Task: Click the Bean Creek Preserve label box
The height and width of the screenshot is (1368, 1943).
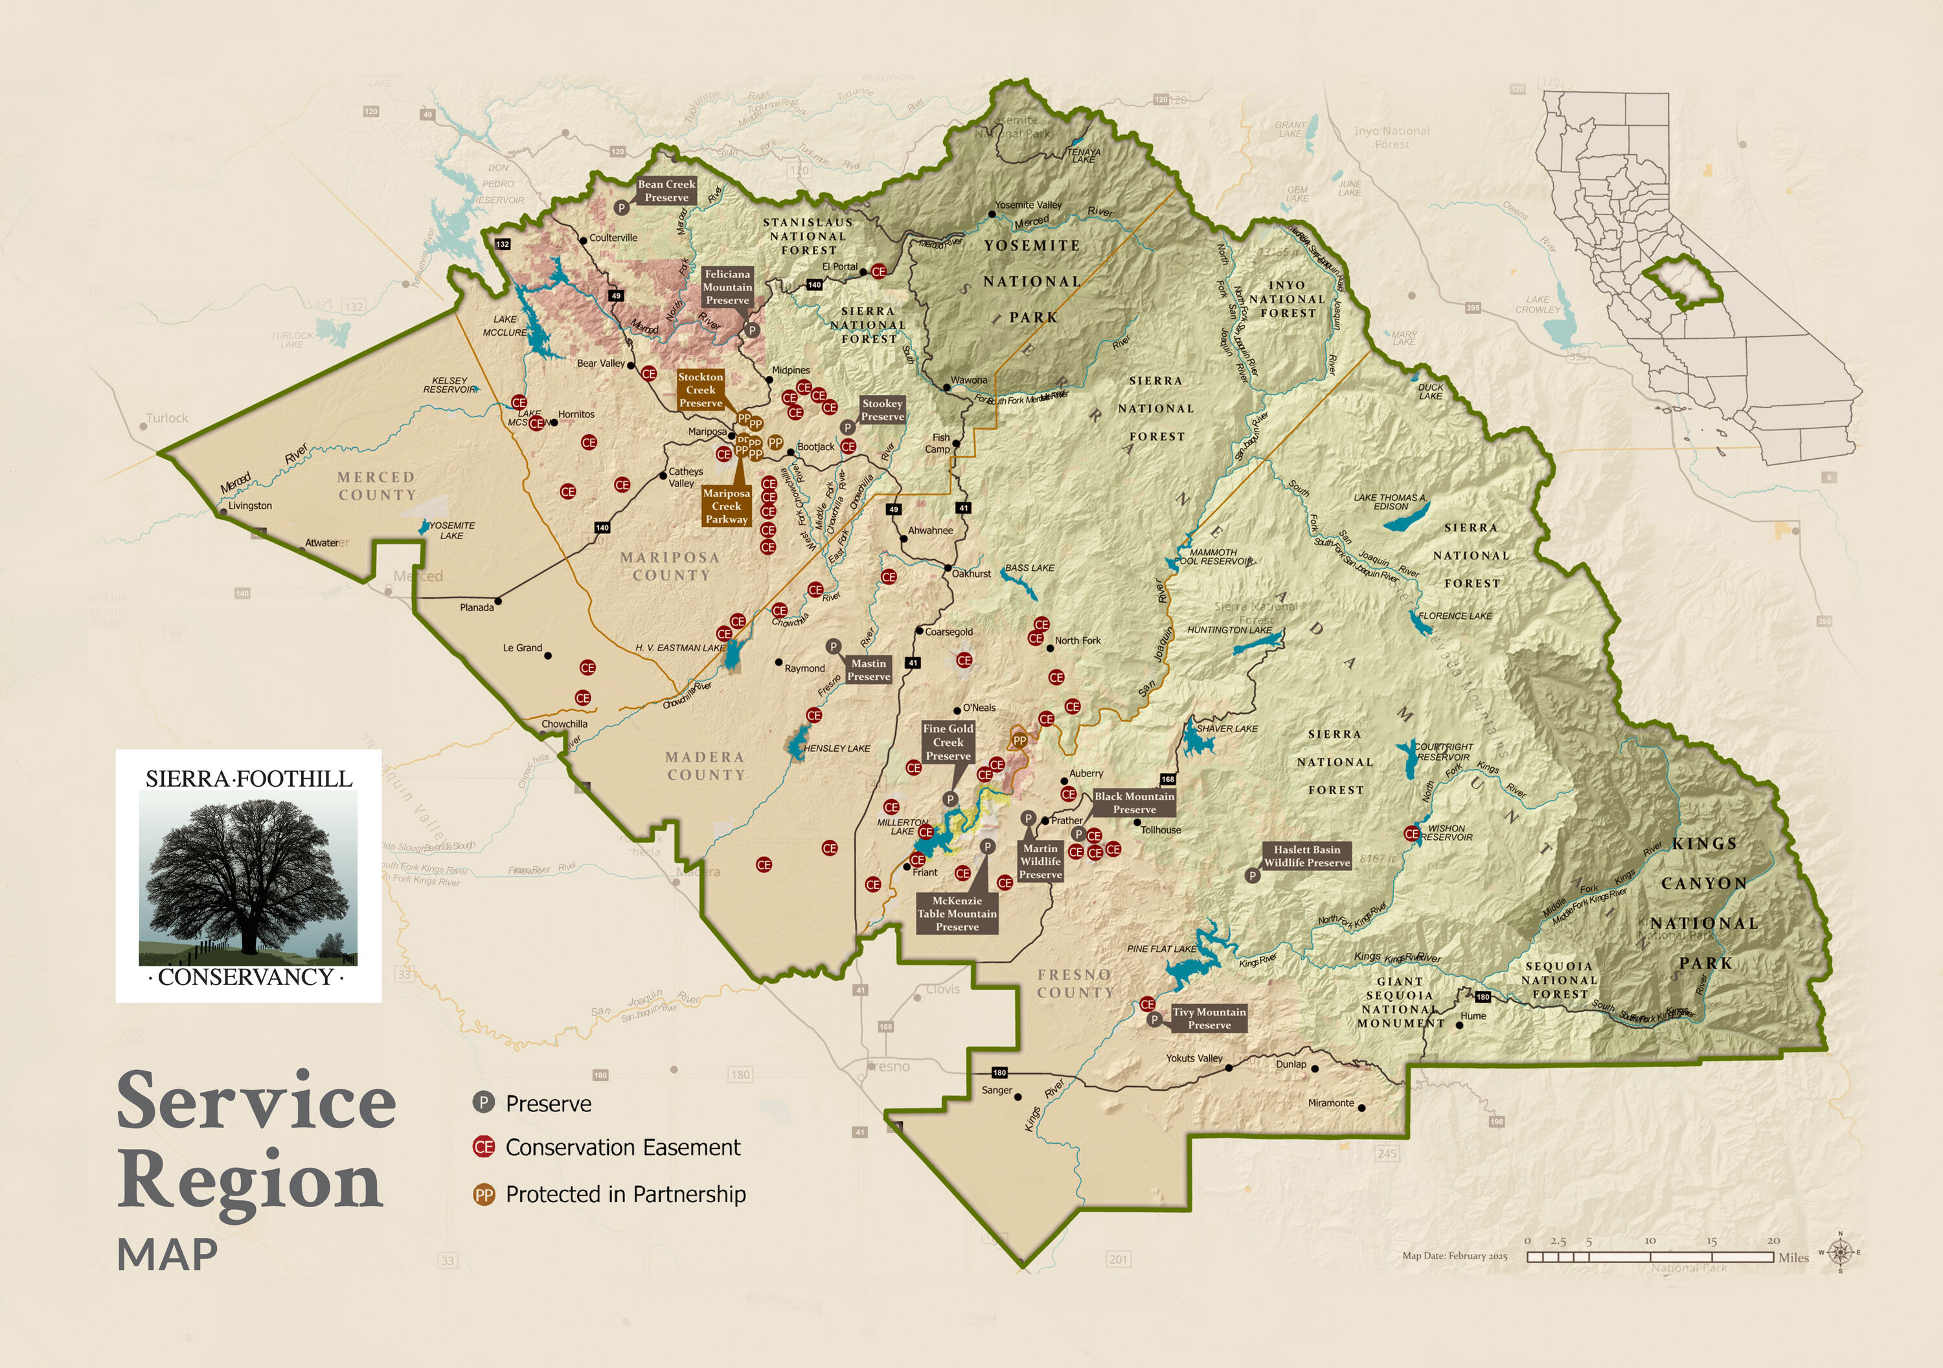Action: point(667,191)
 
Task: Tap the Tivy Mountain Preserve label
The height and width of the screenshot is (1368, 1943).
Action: point(1209,1018)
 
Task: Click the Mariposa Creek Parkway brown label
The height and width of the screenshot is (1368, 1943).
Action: point(726,506)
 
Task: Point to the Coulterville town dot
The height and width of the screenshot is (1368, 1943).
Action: point(583,240)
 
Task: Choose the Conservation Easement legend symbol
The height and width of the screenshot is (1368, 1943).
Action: point(483,1147)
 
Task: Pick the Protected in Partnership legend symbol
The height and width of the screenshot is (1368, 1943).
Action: point(483,1194)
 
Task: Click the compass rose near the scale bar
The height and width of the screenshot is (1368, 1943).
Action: point(1840,1252)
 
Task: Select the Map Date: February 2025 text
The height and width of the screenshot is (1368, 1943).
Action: point(1455,1257)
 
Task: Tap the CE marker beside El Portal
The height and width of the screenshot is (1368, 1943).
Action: point(878,272)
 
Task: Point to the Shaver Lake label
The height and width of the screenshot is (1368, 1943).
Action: point(1227,729)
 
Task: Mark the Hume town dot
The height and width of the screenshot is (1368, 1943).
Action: point(1459,1025)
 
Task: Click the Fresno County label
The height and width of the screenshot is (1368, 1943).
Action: point(1074,984)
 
